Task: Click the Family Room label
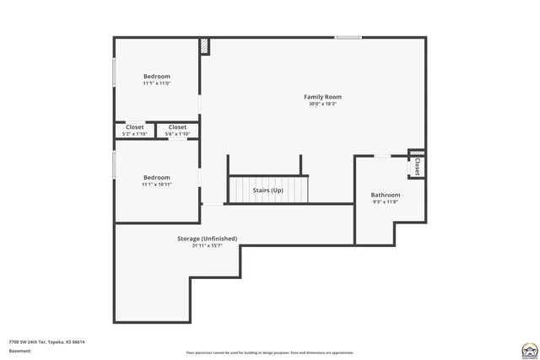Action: (x=322, y=97)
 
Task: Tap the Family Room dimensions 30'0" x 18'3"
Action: (x=322, y=105)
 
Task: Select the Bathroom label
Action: (x=385, y=195)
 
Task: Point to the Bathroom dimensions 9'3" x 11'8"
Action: (x=385, y=202)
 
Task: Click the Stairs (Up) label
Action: (x=267, y=191)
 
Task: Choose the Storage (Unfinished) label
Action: (x=207, y=239)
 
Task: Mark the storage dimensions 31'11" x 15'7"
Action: (x=207, y=246)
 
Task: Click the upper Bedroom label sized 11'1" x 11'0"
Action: (x=156, y=76)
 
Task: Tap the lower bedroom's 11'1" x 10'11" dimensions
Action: (x=156, y=184)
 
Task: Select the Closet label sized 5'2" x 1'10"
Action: (x=134, y=127)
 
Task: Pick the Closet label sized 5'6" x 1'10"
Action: (x=177, y=127)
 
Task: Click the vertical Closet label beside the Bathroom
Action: (x=417, y=167)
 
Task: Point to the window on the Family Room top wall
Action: (x=348, y=37)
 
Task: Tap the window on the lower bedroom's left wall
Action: (x=115, y=164)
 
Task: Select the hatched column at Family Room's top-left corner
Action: (x=204, y=47)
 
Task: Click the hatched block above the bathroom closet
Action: (x=417, y=153)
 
